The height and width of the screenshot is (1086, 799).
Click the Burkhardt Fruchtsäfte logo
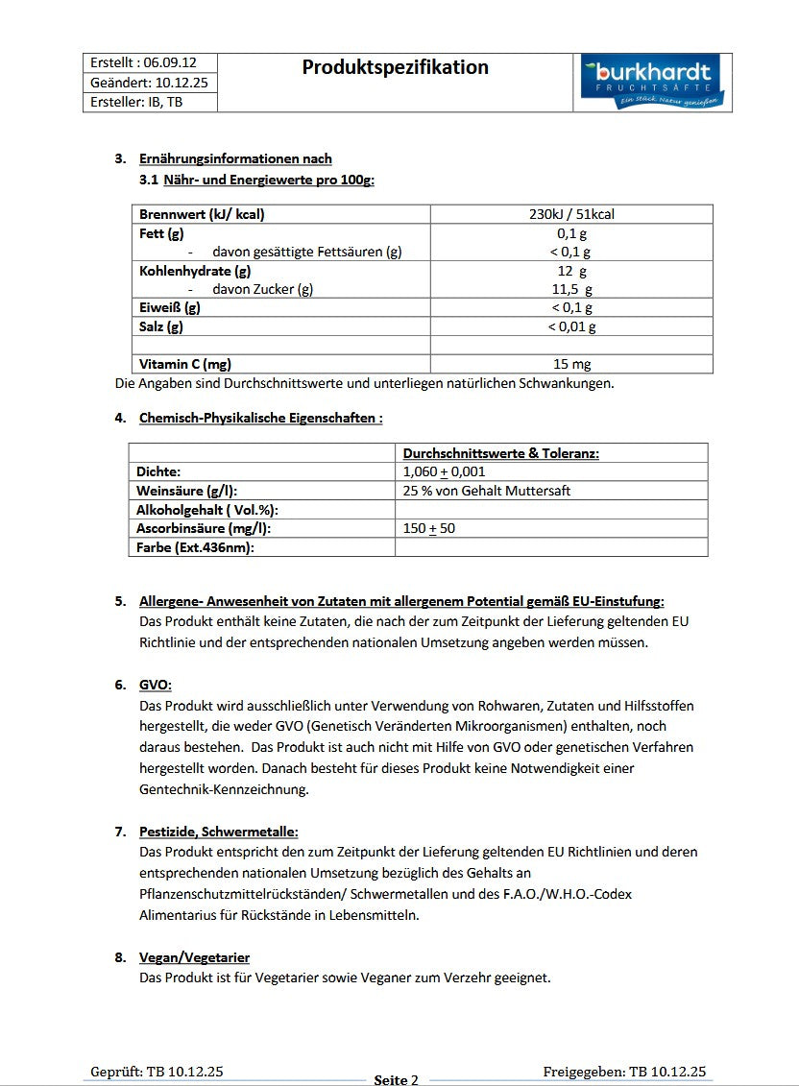click(654, 83)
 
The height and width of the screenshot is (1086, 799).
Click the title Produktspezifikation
click(395, 67)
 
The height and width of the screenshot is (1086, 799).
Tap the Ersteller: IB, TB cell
click(136, 102)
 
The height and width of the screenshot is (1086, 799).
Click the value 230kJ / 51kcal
click(571, 214)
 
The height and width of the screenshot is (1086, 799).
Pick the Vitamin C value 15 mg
click(572, 364)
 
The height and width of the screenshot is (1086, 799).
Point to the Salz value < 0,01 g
click(572, 326)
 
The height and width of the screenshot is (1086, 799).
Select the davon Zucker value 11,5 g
click(572, 289)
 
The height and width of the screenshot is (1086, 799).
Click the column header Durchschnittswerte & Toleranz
click(501, 453)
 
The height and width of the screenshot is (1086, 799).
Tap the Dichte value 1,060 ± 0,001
click(444, 471)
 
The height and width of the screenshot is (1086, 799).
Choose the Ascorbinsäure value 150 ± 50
click(429, 528)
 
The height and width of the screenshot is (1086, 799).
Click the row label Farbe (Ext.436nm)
click(195, 547)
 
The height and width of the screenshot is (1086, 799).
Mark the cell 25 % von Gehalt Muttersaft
click(487, 491)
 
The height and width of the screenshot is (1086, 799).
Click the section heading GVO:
click(156, 685)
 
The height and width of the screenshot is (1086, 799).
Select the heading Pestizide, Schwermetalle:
click(219, 832)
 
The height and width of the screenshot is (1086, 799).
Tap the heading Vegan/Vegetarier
click(195, 957)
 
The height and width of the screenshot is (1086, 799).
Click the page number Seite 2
click(396, 1079)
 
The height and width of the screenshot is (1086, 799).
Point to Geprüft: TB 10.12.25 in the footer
click(157, 1072)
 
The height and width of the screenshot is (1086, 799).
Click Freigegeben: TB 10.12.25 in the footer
click(623, 1072)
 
